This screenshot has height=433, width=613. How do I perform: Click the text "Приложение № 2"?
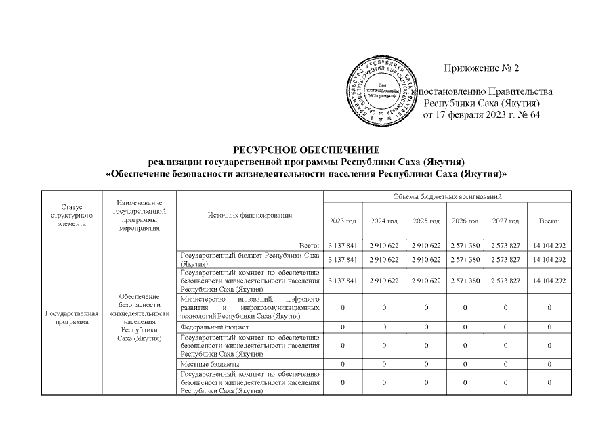click(x=481, y=68)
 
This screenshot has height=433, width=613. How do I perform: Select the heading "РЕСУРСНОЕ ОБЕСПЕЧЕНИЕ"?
click(x=307, y=150)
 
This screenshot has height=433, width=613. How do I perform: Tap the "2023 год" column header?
click(x=342, y=221)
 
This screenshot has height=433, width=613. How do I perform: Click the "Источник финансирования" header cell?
click(x=250, y=215)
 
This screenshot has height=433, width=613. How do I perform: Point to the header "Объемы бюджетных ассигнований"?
click(x=446, y=196)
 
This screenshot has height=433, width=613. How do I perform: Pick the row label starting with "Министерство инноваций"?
click(x=250, y=308)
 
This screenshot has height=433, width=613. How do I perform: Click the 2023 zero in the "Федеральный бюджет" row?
click(x=342, y=327)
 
